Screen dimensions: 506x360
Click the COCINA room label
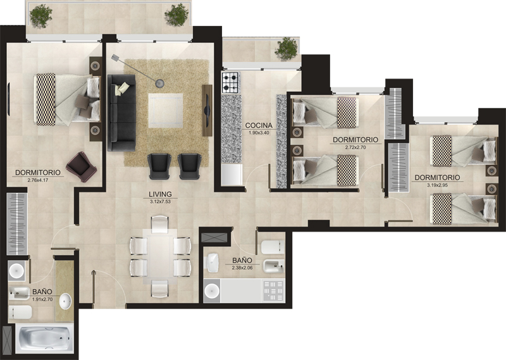pyautogui.click(x=259, y=125)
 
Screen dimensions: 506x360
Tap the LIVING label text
pyautogui.click(x=160, y=194)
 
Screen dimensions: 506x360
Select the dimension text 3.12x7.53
pyautogui.click(x=160, y=202)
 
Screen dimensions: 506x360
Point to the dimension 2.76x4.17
pyautogui.click(x=38, y=180)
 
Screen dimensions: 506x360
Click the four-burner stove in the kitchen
pyautogui.click(x=231, y=82)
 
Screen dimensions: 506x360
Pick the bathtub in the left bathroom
pyautogui.click(x=44, y=338)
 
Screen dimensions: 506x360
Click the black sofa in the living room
pyautogui.click(x=121, y=113)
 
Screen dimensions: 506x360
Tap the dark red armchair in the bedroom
pyautogui.click(x=82, y=166)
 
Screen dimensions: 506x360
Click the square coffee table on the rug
pyautogui.click(x=166, y=111)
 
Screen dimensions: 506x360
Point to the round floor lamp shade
pyautogui.click(x=160, y=84)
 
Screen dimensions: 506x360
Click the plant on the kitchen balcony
pyautogui.click(x=287, y=49)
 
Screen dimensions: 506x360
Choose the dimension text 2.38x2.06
pyautogui.click(x=242, y=268)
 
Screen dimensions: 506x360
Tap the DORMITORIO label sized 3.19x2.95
pyautogui.click(x=437, y=178)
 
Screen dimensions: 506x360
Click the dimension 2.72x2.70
pyautogui.click(x=355, y=147)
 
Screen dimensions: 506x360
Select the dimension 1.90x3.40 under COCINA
pyautogui.click(x=259, y=132)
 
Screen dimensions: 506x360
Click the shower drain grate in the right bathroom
pyautogui.click(x=273, y=290)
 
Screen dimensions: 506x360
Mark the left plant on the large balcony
pyautogui.click(x=41, y=15)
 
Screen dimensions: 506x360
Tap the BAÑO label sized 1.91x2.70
pyautogui.click(x=42, y=292)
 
